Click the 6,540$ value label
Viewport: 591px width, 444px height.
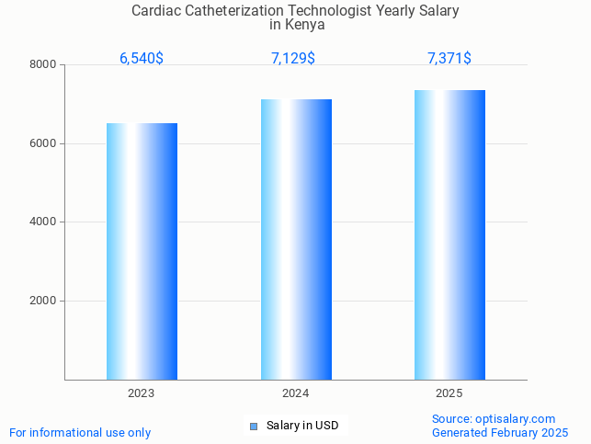point(142,59)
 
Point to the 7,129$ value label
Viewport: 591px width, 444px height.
point(293,59)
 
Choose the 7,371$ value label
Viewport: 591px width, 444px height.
point(449,59)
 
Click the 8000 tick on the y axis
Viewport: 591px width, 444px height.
point(42,65)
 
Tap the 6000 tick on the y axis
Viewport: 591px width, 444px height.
point(42,143)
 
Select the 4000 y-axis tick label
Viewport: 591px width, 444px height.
point(42,222)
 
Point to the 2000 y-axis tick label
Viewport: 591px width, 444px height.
point(42,302)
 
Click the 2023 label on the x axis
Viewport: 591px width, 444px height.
point(142,393)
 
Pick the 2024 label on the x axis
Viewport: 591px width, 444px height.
point(295,393)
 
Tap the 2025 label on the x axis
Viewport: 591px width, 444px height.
point(449,393)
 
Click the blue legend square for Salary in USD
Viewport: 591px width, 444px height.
point(254,426)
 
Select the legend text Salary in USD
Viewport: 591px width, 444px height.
point(302,426)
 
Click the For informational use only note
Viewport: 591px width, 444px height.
point(80,432)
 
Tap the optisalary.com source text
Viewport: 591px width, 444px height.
point(515,418)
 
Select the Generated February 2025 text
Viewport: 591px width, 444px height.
point(500,432)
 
